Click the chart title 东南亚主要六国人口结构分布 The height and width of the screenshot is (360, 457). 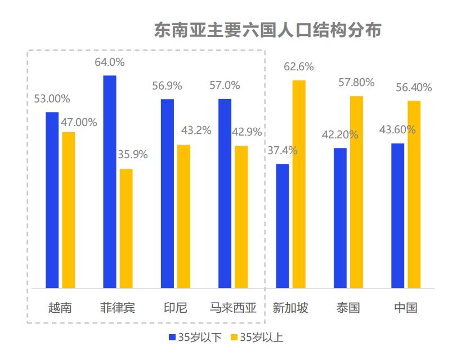[267, 30]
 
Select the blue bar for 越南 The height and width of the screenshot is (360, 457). [52, 200]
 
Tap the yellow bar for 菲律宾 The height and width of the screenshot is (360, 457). [126, 228]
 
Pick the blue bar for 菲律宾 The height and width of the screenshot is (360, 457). [110, 181]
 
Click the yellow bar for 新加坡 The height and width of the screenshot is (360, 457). [299, 184]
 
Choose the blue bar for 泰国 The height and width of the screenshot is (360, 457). [340, 218]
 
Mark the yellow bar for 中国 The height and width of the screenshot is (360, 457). [414, 194]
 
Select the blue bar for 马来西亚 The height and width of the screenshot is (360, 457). [225, 193]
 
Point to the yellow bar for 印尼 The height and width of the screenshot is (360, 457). [183, 216]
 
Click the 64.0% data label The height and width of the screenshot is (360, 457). [110, 62]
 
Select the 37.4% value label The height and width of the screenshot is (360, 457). [283, 151]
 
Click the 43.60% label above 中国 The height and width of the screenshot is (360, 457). [397, 130]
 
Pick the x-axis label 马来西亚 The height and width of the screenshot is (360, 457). [233, 308]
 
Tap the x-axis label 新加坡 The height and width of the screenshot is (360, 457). [290, 308]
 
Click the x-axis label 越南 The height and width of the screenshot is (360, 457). [60, 308]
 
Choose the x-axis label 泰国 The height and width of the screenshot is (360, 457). [348, 308]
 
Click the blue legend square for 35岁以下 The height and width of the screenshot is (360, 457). [172, 337]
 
